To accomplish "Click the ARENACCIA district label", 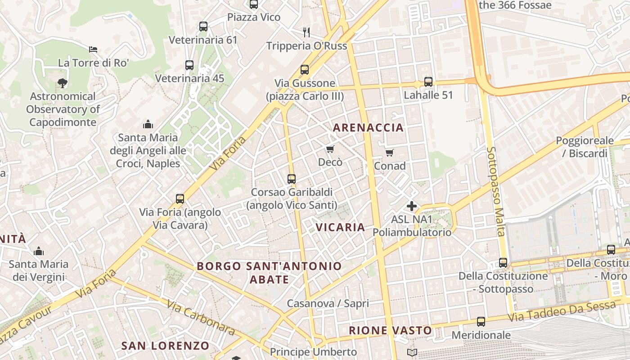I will pyautogui.click(x=368, y=128).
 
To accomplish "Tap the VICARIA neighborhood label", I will pyautogui.click(x=340, y=227).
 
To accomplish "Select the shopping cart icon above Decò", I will pyautogui.click(x=330, y=149).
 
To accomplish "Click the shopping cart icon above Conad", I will pyautogui.click(x=390, y=153).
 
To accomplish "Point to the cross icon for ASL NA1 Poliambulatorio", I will pyautogui.click(x=412, y=206).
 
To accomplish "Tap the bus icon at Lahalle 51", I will pyautogui.click(x=428, y=82).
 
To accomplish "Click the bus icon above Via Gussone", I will pyautogui.click(x=305, y=70).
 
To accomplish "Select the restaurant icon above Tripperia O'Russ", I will pyautogui.click(x=307, y=32).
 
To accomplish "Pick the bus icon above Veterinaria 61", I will pyautogui.click(x=203, y=27).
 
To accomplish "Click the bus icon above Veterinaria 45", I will pyautogui.click(x=189, y=65).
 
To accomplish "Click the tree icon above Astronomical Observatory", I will pyautogui.click(x=63, y=83).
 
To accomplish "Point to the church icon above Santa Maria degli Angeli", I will pyautogui.click(x=148, y=124).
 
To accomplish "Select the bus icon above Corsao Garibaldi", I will pyautogui.click(x=292, y=179).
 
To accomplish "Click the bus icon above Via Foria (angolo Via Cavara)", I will pyautogui.click(x=180, y=198).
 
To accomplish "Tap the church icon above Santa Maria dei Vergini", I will pyautogui.click(x=39, y=251).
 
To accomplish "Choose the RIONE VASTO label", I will pyautogui.click(x=391, y=331).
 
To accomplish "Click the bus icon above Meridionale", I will pyautogui.click(x=481, y=322).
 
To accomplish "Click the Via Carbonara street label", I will pyautogui.click(x=201, y=317).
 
